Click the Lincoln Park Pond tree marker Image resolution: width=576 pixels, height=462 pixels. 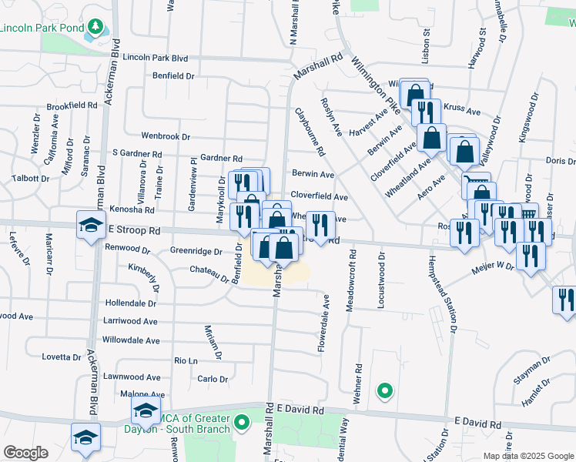[95, 28]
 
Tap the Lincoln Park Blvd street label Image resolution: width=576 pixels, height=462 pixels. [155, 58]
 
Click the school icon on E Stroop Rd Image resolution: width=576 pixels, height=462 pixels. [91, 226]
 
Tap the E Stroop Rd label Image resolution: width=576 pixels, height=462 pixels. [134, 230]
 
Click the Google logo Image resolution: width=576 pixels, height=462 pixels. [25, 453]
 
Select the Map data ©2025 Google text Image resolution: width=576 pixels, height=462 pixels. [528, 456]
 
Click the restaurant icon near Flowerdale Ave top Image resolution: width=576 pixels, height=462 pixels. [321, 225]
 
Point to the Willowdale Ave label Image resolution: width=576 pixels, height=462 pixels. [131, 340]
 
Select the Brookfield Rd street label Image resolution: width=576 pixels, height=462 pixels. [72, 105]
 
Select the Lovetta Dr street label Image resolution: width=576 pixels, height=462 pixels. [62, 357]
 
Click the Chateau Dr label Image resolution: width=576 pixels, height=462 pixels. [209, 271]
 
